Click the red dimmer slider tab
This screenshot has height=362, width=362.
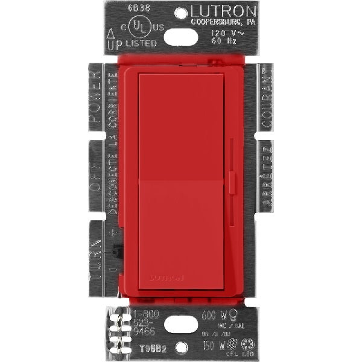(x=231, y=182)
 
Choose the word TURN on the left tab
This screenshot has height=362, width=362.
(x=95, y=249)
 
